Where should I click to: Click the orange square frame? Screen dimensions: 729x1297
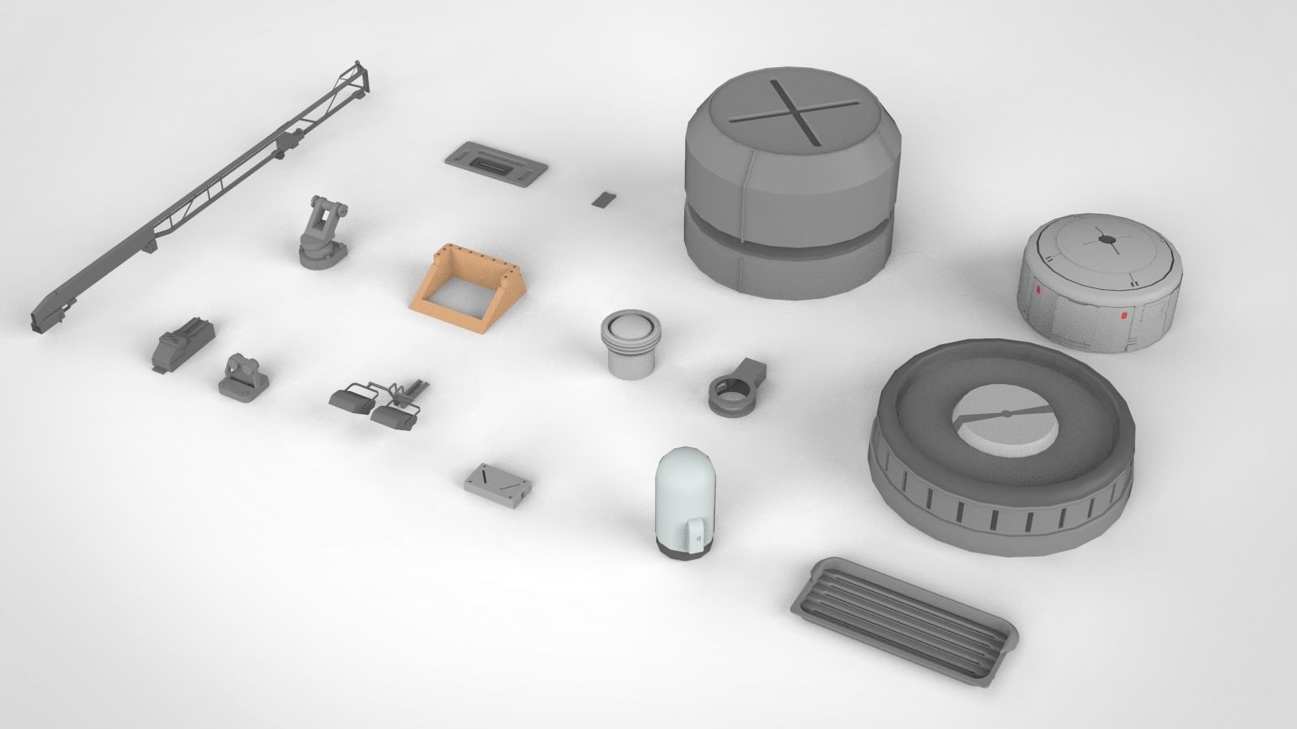click(421, 299)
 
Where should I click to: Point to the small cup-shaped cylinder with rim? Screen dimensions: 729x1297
click(631, 343)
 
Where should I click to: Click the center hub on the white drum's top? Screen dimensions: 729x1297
click(1104, 239)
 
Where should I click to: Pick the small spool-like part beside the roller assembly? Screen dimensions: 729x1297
click(243, 376)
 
